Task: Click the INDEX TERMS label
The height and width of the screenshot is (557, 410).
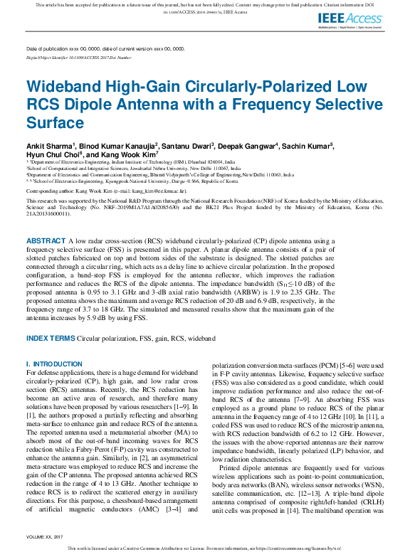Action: coord(50,339)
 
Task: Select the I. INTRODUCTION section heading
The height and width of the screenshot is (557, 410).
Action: coord(54,364)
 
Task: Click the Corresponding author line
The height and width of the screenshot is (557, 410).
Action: coord(107,191)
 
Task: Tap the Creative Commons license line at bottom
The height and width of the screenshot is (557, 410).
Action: coord(205,548)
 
